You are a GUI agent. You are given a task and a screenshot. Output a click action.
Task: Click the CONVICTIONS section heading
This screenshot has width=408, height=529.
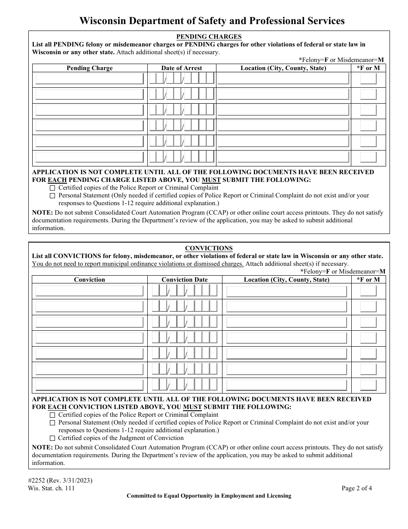209,248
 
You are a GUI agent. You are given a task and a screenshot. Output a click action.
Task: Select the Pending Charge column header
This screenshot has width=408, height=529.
89,68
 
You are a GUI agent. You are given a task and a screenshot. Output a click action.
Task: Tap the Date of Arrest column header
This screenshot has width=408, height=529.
181,68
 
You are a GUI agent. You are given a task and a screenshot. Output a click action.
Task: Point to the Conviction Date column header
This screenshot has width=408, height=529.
184,280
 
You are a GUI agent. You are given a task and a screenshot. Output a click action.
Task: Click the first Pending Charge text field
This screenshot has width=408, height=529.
89,79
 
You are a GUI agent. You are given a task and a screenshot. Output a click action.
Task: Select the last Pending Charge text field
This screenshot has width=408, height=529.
89,157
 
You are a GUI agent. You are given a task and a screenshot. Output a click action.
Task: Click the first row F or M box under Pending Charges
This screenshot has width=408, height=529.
368,79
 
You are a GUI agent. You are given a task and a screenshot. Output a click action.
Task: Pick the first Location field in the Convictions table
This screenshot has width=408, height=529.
286,291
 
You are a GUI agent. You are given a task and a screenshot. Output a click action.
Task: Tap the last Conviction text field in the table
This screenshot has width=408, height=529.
89,385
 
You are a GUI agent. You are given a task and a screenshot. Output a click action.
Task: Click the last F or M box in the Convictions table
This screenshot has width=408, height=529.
368,385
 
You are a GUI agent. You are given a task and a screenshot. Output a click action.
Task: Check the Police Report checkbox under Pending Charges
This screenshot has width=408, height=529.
52,188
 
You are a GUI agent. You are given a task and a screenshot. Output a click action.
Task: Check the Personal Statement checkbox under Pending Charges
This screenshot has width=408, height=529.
52,196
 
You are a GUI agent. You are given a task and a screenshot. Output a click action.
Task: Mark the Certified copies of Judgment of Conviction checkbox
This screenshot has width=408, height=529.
52,438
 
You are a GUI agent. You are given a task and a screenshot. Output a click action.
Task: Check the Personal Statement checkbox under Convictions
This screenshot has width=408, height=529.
52,423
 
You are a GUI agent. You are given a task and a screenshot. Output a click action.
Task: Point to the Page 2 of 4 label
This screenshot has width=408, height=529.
357,488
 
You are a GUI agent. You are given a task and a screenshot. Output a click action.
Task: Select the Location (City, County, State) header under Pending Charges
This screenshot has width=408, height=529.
283,68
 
